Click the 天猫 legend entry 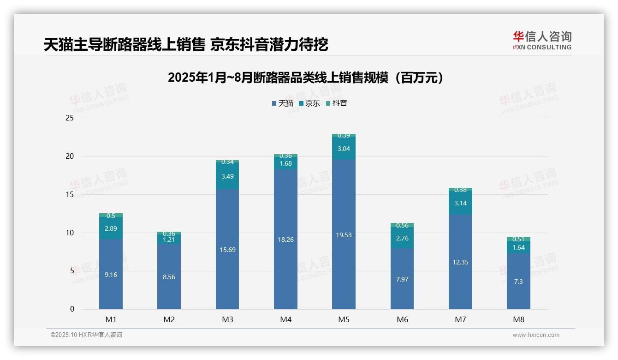(x=282, y=103)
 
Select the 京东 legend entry (x=309, y=103)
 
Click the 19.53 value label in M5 (x=344, y=235)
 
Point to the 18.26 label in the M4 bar (x=285, y=240)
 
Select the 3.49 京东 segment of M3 (x=227, y=176)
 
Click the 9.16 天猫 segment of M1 (x=111, y=275)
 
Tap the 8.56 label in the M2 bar (x=169, y=277)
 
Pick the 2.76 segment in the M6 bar (x=402, y=238)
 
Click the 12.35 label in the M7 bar (x=460, y=262)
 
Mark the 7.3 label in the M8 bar (x=518, y=282)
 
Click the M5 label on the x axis (x=344, y=319)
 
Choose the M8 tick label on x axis (x=518, y=319)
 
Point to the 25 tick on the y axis (x=70, y=118)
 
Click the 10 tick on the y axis (x=70, y=233)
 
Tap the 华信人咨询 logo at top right (x=542, y=40)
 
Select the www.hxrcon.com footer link (x=536, y=335)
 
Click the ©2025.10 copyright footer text (x=86, y=335)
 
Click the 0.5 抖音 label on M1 (x=111, y=216)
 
